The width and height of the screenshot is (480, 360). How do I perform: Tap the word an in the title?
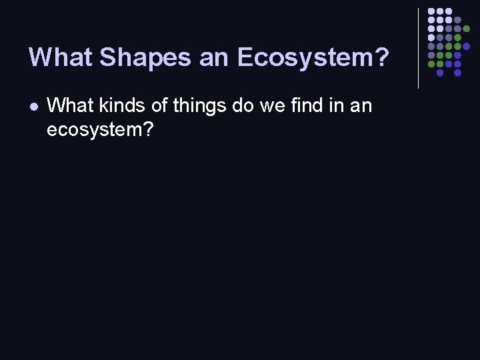213,57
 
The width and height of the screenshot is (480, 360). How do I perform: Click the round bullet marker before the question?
33,106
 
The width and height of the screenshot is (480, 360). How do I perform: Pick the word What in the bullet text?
67,105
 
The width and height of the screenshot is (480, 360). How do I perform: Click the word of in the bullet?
156,105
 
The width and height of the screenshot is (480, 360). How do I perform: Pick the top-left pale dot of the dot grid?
431,12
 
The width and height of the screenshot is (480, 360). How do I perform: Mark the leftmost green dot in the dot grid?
431,64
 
